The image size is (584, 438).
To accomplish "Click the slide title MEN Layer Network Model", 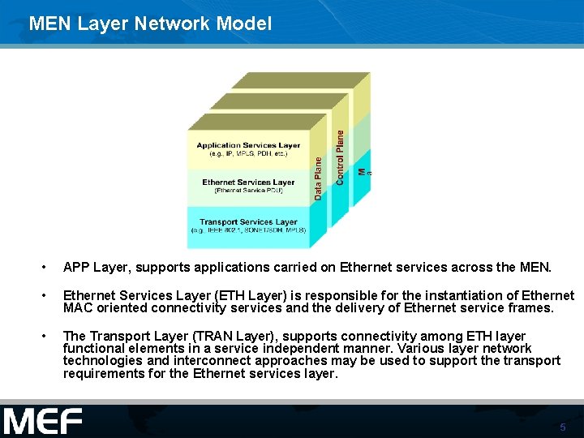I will click(150, 24).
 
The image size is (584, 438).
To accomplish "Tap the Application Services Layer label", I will click(248, 146).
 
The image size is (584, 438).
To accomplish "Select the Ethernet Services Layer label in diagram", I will click(248, 182).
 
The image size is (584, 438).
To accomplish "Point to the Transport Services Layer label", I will click(248, 221).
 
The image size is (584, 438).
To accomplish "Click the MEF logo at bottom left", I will click(42, 422).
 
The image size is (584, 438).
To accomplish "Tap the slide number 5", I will click(562, 427).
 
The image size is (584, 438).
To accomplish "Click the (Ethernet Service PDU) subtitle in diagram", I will click(248, 191).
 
